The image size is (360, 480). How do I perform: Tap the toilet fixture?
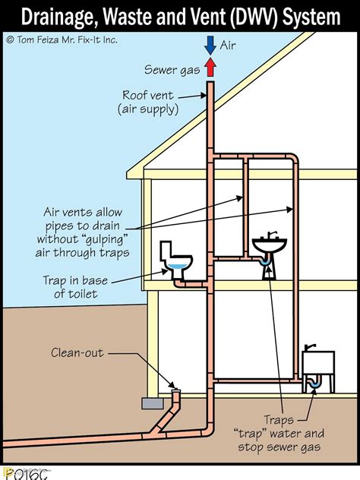coord(176,260)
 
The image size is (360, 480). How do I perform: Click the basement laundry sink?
coord(319,362)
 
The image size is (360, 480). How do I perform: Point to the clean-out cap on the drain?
coord(176,389)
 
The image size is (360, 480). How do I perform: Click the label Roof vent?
coord(147,96)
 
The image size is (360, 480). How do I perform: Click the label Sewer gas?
coord(172,70)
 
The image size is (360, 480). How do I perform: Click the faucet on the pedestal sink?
coord(279,234)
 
